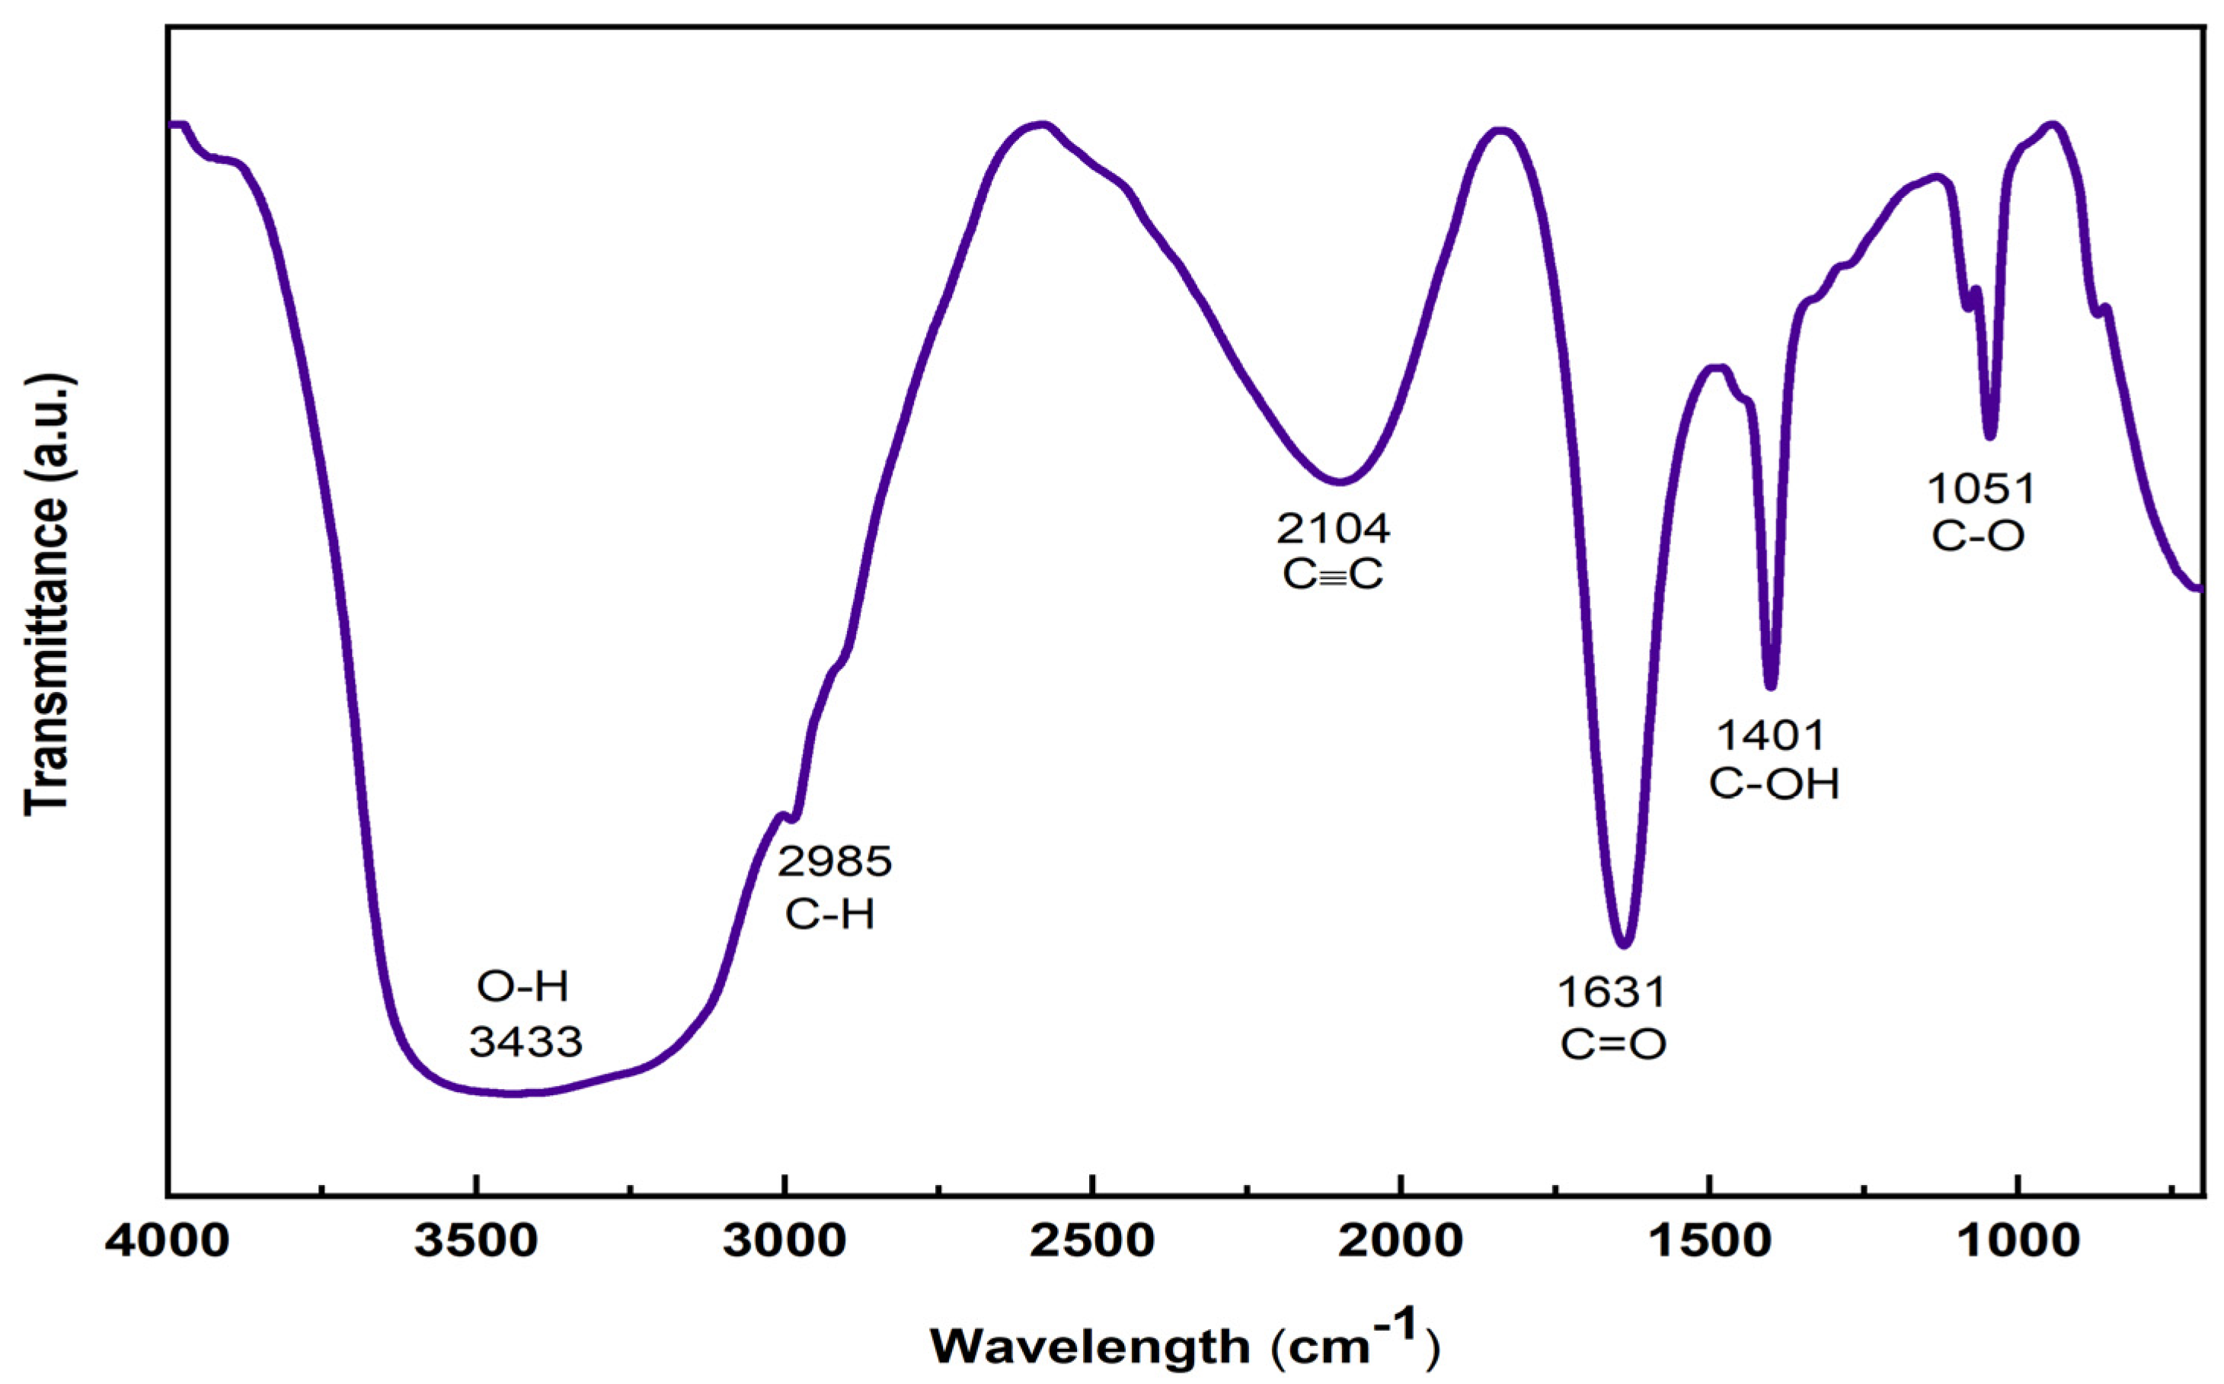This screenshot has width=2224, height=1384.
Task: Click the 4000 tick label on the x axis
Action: coord(168,1241)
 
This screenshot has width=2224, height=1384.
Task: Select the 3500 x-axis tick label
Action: coord(476,1241)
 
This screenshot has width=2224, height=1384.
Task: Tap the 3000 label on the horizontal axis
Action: coord(784,1241)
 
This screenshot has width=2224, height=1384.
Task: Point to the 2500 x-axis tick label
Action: coord(1092,1241)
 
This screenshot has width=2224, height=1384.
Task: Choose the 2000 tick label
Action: coord(1400,1241)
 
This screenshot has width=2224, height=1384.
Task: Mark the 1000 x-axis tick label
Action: coord(2016,1241)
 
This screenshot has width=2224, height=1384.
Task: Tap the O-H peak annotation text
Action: coord(523,987)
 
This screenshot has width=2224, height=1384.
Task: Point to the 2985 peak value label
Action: coord(834,861)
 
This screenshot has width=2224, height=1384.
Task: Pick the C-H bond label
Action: coord(829,914)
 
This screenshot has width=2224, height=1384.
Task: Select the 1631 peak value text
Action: coord(1612,992)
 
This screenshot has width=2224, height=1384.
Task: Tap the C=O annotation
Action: coord(1614,1044)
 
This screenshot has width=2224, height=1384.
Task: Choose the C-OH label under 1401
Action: coord(1774,784)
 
